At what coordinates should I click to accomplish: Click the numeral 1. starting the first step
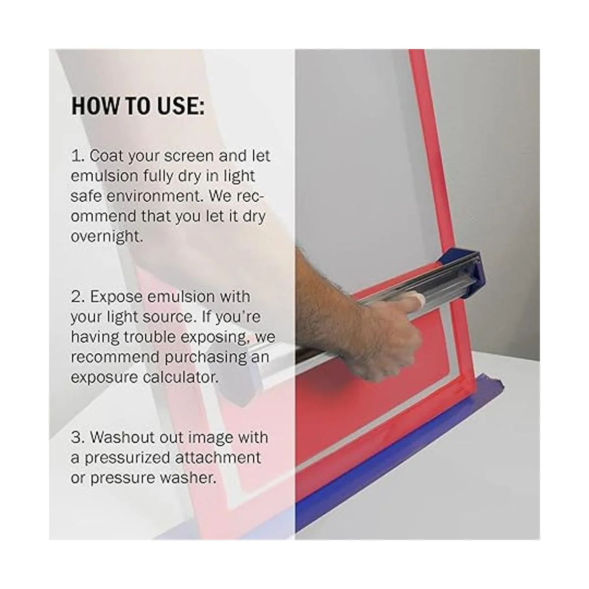pyautogui.click(x=78, y=156)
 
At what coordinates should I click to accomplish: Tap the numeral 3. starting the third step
pyautogui.click(x=78, y=438)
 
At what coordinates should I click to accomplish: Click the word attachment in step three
pyautogui.click(x=218, y=458)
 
